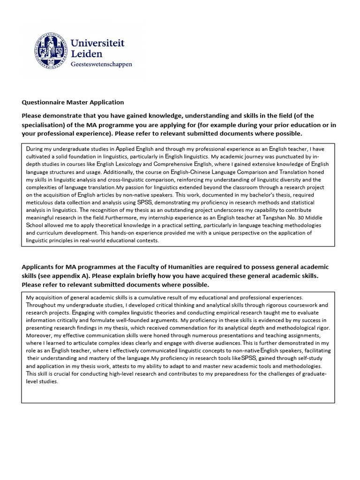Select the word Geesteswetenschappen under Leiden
coord(101,64)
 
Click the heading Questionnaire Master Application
coord(73,102)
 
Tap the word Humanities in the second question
coord(176,267)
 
